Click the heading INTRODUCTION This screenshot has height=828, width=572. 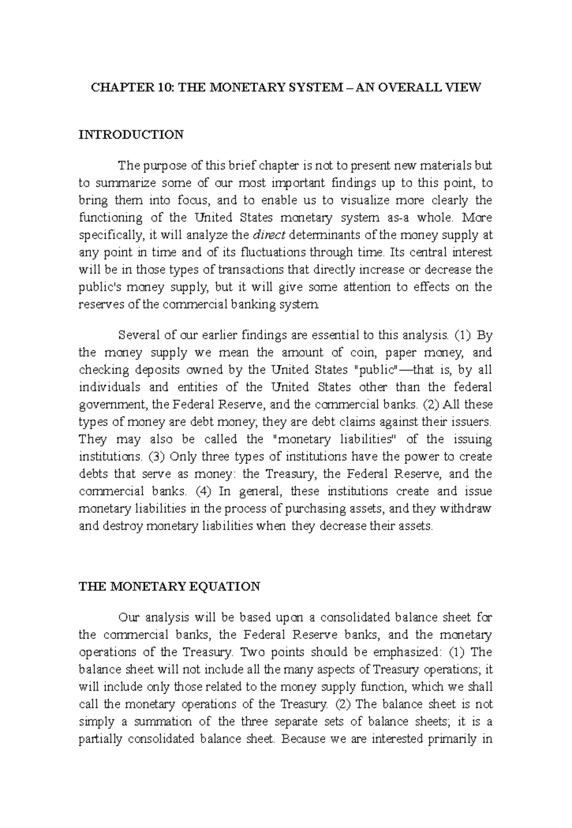131,135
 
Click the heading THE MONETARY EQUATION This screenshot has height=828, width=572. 169,586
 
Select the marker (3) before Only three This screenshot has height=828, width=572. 156,457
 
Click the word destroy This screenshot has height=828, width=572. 122,526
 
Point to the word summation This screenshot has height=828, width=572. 163,722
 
